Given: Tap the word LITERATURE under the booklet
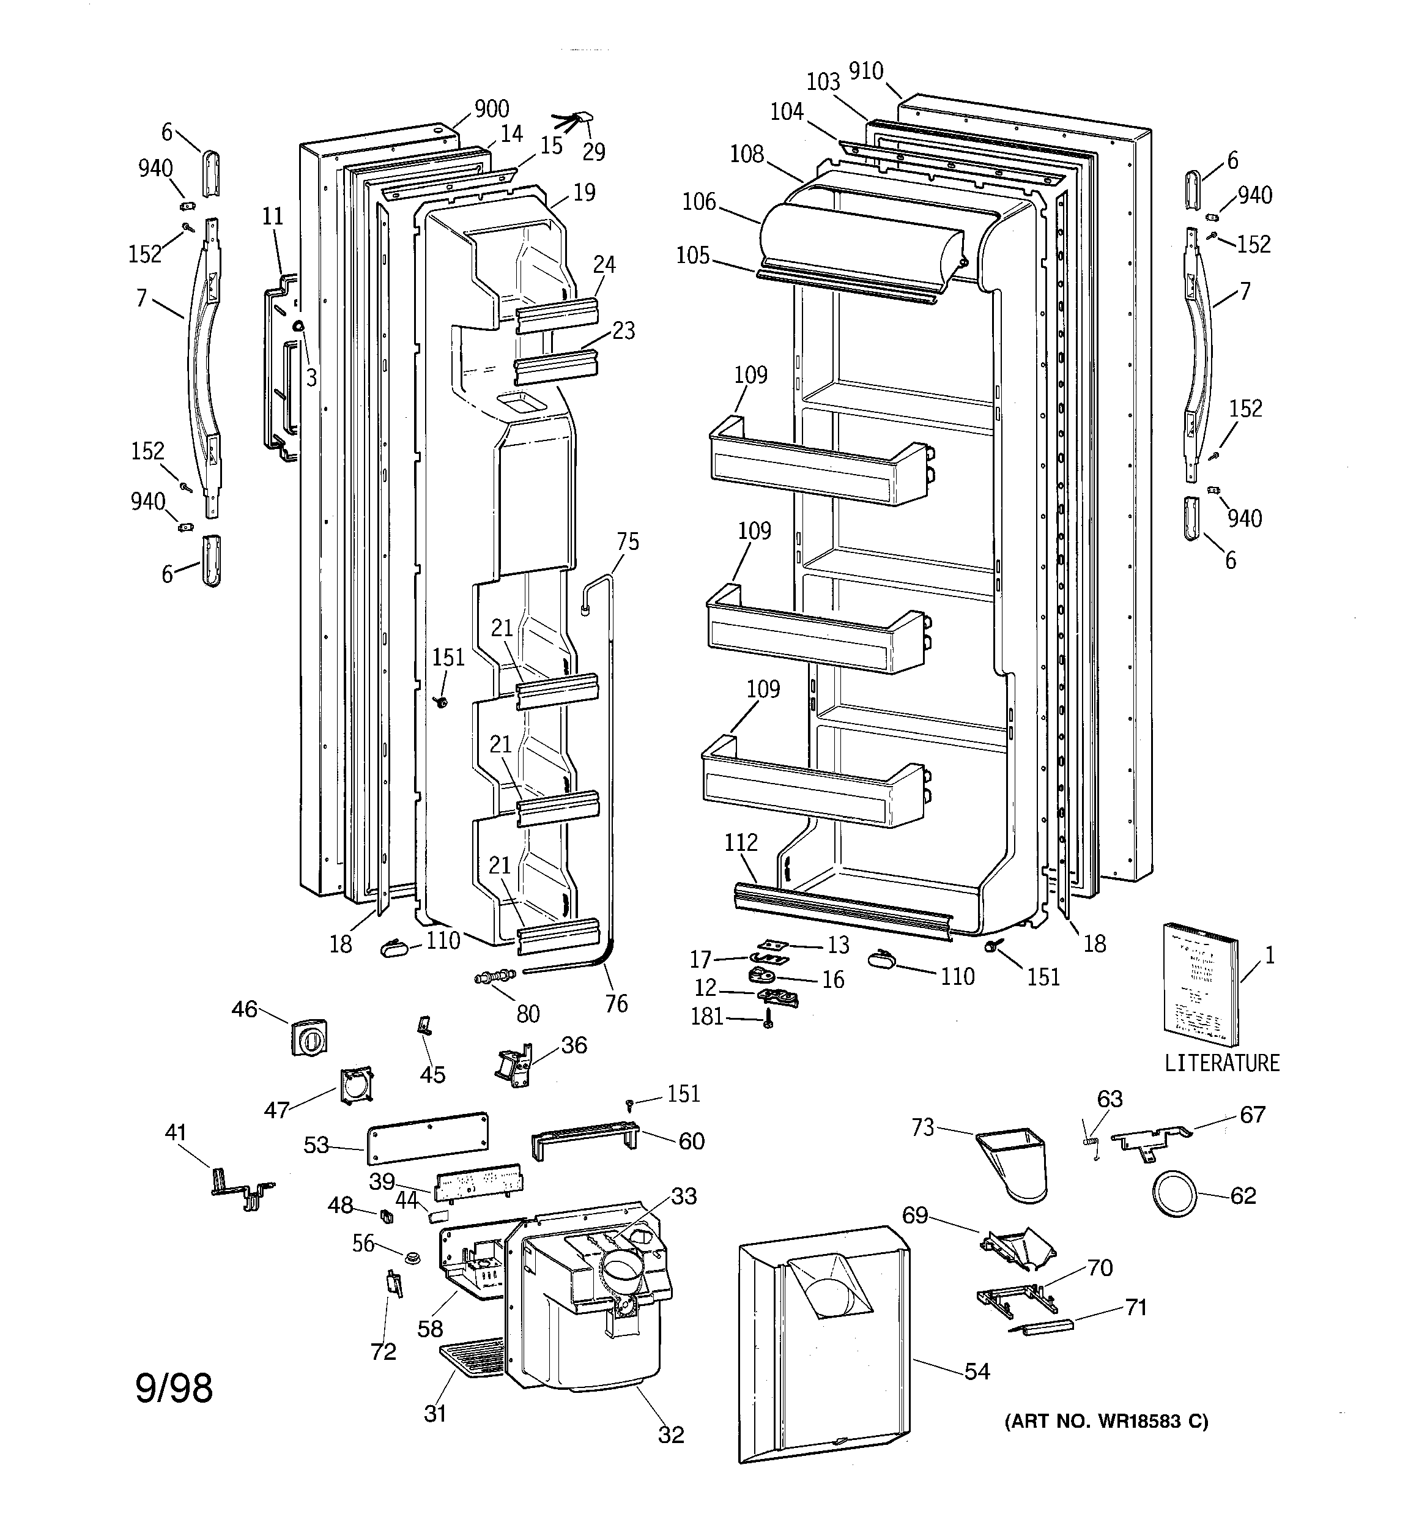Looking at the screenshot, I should pyautogui.click(x=1221, y=1063).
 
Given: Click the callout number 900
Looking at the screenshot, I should pyautogui.click(x=491, y=109).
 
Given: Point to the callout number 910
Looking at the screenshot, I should pyautogui.click(x=866, y=72).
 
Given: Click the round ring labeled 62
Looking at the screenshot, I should pyautogui.click(x=1173, y=1196).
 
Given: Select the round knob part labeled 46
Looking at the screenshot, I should pyautogui.click(x=308, y=1037).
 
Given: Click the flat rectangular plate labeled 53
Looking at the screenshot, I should pyautogui.click(x=428, y=1136).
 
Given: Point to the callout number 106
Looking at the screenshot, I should pyautogui.click(x=699, y=202).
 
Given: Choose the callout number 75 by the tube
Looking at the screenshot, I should pyautogui.click(x=628, y=542).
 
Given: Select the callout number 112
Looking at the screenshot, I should pyautogui.click(x=740, y=842).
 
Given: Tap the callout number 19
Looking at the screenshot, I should pyautogui.click(x=584, y=193).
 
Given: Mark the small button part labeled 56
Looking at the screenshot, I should pyautogui.click(x=412, y=1256).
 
